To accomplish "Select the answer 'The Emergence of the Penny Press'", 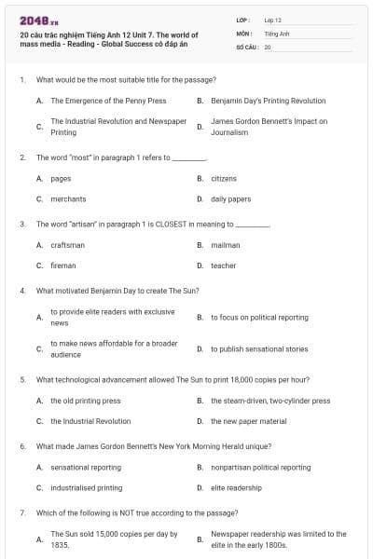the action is point(108,101).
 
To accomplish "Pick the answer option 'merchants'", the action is point(68,198).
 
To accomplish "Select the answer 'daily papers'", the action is point(230,198).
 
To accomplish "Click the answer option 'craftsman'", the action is point(67,245).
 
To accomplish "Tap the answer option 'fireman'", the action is point(63,266).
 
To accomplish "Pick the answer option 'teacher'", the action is point(223,266).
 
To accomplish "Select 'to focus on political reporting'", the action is point(259,318).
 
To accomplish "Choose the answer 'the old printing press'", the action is point(85,401).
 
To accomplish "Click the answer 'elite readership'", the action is point(236,487).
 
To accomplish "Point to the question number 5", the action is point(22,380).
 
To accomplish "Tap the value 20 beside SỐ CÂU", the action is point(268,46).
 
